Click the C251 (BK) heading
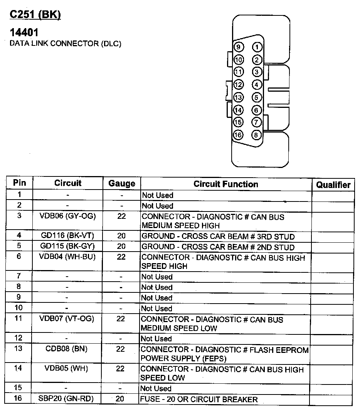click(35, 15)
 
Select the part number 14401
click(24, 32)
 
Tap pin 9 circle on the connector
click(239, 47)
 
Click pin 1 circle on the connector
click(257, 47)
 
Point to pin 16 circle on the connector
click(238, 135)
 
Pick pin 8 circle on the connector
click(256, 135)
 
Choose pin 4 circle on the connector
click(256, 85)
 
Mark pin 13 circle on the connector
click(239, 97)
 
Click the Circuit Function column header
click(226, 184)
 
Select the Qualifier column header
click(333, 185)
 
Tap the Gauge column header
click(122, 183)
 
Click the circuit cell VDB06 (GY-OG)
click(67, 216)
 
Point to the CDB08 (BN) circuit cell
click(66, 349)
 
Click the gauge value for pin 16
click(120, 399)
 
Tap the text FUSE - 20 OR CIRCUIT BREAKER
click(199, 399)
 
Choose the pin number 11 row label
click(19, 318)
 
